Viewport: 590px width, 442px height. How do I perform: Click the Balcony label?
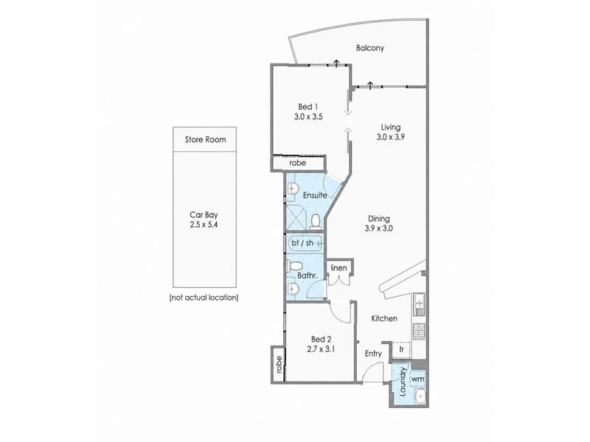[x=370, y=48]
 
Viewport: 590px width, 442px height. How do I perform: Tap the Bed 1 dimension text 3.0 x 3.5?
[x=308, y=117]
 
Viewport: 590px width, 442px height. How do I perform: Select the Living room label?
[x=391, y=127]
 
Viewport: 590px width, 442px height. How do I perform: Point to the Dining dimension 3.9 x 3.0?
[x=379, y=228]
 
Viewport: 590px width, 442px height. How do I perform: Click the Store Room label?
[x=206, y=139]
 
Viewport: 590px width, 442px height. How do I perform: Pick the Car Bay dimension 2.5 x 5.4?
[x=204, y=225]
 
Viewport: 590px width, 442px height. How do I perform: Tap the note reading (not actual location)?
[x=204, y=298]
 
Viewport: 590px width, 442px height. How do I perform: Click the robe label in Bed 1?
[x=298, y=163]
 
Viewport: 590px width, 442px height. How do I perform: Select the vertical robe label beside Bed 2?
[x=279, y=364]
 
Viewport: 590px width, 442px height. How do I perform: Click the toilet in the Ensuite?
[x=315, y=222]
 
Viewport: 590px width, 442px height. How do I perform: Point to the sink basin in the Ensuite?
[x=293, y=188]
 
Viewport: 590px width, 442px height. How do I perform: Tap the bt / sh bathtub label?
[x=302, y=243]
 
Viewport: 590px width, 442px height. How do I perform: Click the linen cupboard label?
[x=339, y=267]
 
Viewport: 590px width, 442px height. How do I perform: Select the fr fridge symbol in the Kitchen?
[x=401, y=349]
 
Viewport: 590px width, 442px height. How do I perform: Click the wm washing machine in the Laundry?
[x=417, y=379]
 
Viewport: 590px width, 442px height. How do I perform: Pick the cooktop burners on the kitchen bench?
[x=419, y=331]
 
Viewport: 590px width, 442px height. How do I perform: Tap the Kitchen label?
[x=384, y=318]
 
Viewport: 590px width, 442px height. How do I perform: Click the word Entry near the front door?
[x=373, y=354]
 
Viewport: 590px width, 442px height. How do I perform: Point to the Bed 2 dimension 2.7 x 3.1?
[x=321, y=349]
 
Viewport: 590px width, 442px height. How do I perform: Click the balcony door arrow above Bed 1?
[x=336, y=63]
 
